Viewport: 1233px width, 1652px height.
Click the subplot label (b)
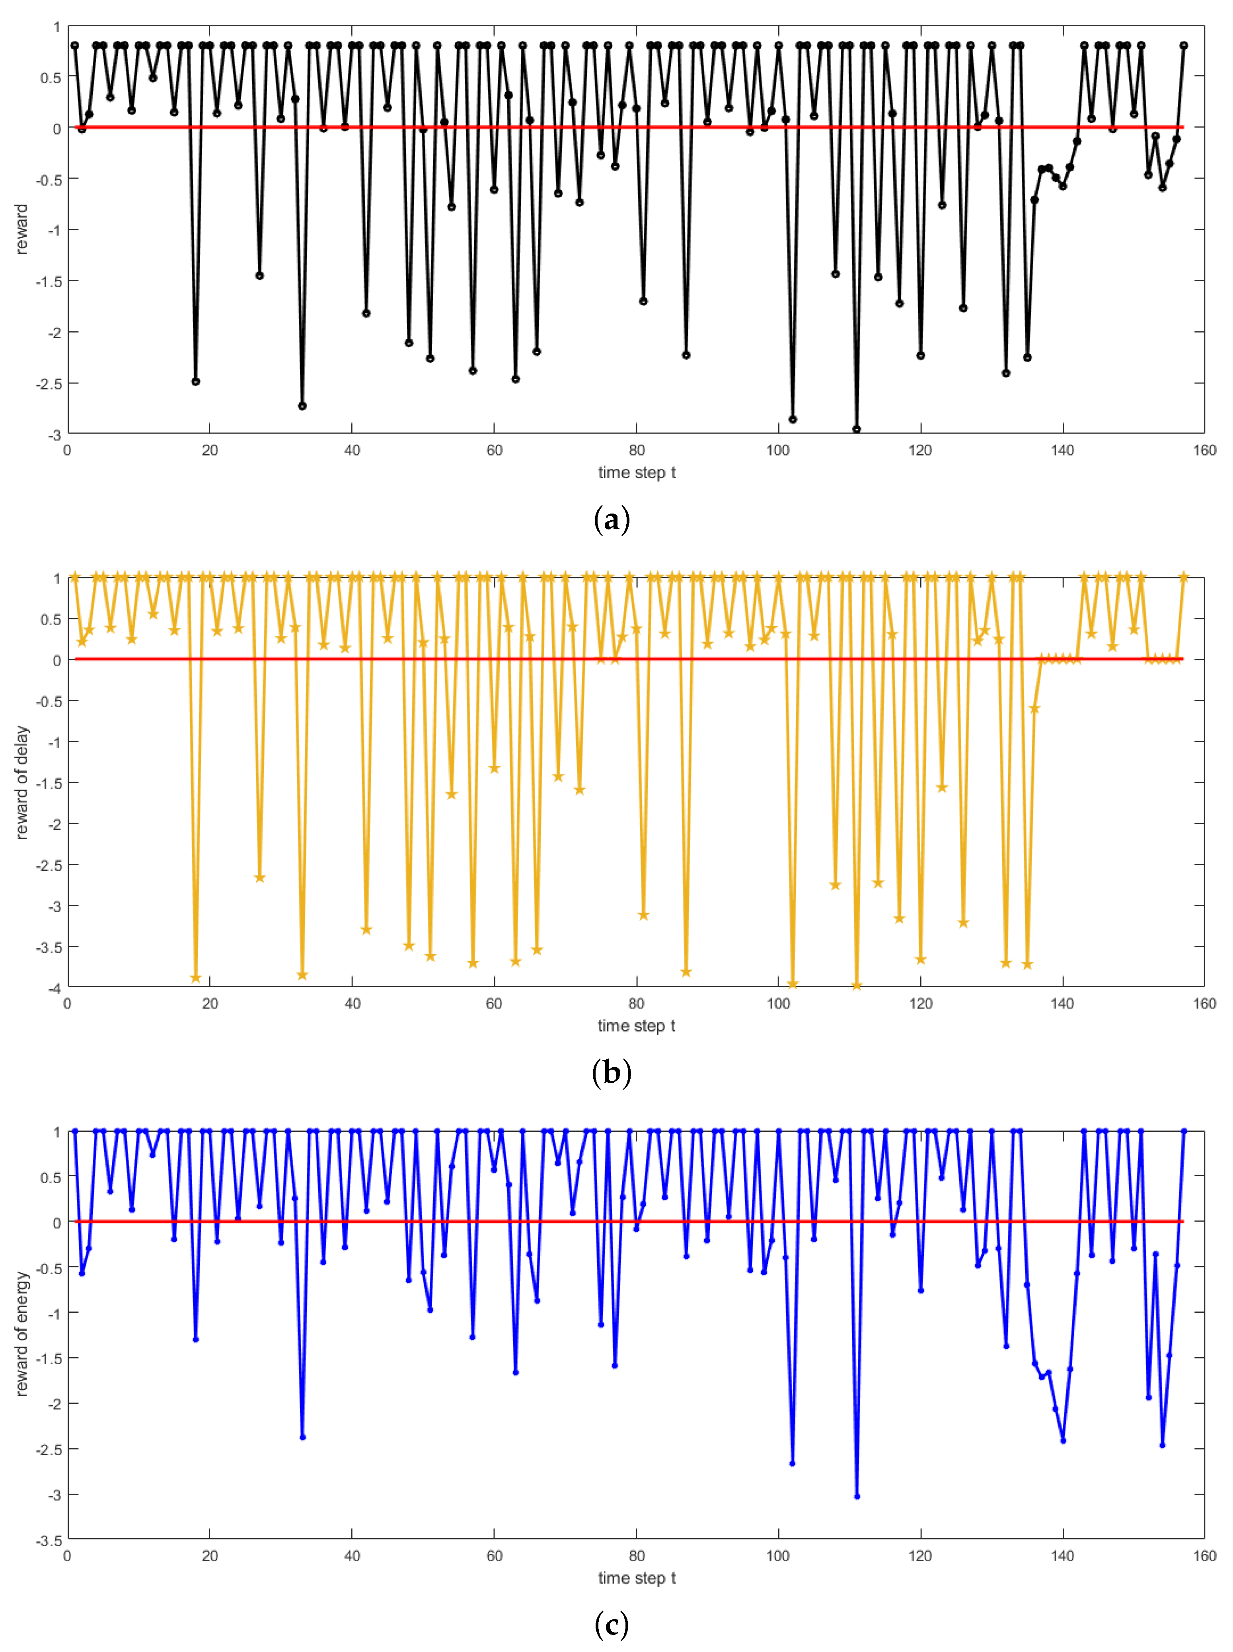(611, 1072)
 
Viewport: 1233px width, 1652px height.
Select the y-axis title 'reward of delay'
(21, 782)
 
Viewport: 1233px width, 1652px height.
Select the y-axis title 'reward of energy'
(21, 1333)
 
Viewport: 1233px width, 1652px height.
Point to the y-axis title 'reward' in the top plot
(21, 229)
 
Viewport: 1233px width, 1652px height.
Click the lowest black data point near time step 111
(857, 430)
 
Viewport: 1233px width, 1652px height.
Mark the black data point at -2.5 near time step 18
(195, 381)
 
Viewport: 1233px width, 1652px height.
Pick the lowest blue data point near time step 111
(857, 1496)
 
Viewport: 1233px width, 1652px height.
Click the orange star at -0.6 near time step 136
(1034, 708)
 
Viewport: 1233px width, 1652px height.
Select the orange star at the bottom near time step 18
(195, 977)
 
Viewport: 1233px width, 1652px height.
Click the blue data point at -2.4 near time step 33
(302, 1437)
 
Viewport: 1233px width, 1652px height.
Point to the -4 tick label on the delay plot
(55, 988)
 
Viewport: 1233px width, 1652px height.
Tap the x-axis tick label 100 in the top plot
(778, 450)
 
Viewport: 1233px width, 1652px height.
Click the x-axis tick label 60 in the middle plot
(494, 1004)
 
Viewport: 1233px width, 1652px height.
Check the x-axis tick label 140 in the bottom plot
(1062, 1556)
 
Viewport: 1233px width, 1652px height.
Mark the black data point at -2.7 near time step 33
(302, 406)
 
